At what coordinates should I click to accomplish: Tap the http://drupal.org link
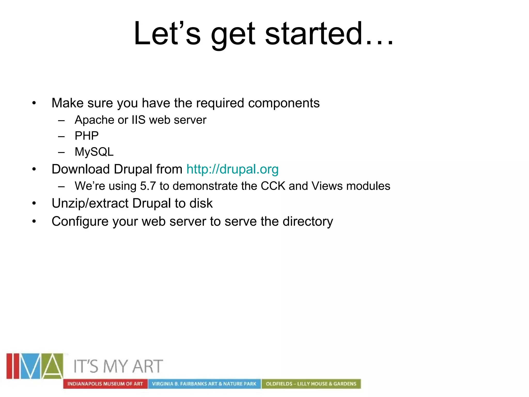click(x=232, y=169)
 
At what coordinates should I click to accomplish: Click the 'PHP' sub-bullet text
click(x=87, y=136)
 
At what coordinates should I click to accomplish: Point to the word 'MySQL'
click(x=94, y=152)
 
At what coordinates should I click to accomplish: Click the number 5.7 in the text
click(x=148, y=186)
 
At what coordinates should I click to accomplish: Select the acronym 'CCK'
click(x=273, y=186)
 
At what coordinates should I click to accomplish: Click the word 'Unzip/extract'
click(x=90, y=203)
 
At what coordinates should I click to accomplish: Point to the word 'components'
click(x=284, y=103)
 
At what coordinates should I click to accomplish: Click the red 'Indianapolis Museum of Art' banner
click(x=105, y=384)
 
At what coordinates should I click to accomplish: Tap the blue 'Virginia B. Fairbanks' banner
click(x=204, y=384)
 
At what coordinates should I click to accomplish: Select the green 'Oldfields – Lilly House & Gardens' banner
click(x=311, y=384)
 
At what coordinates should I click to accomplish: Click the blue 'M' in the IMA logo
click(x=30, y=366)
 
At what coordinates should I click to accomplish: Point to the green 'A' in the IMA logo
click(x=52, y=366)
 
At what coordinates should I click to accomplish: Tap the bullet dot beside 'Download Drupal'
click(x=34, y=170)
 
